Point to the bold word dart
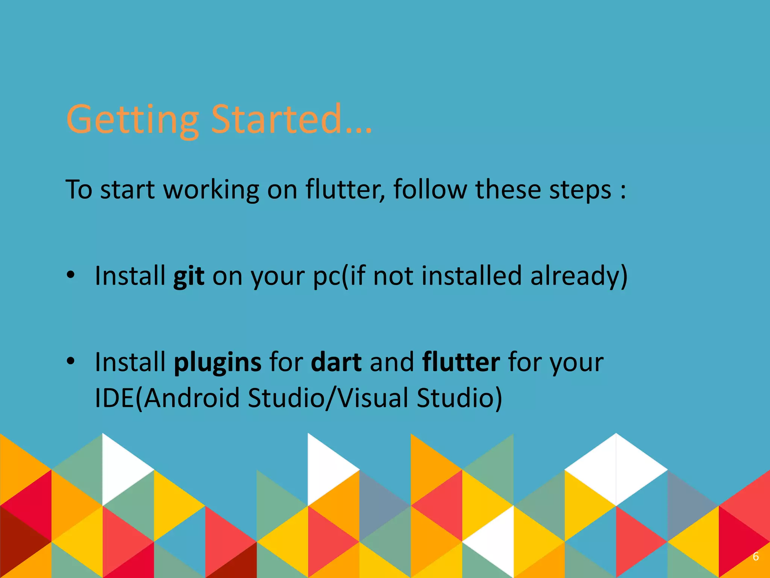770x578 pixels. pos(336,362)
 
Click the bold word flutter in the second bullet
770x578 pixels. pos(461,362)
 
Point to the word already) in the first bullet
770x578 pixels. pos(579,276)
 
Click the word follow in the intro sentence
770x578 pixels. pos(430,189)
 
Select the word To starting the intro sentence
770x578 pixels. pos(79,189)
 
